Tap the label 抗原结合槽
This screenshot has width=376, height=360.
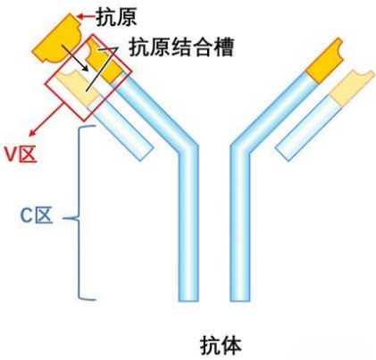point(182,47)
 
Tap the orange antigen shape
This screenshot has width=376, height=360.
point(56,35)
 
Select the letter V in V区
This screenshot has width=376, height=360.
point(11,154)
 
